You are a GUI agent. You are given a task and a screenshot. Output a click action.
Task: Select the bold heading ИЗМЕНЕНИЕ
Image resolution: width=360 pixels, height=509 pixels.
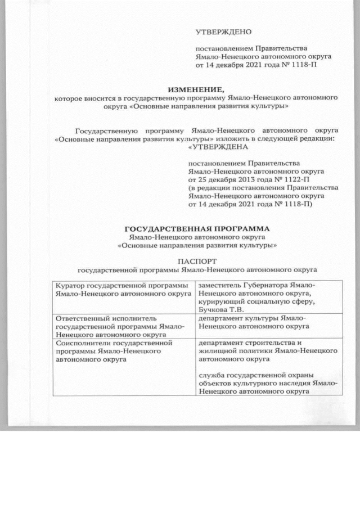click(x=196, y=89)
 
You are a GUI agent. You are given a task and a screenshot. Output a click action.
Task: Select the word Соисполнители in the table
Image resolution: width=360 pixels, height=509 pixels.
click(x=84, y=341)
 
